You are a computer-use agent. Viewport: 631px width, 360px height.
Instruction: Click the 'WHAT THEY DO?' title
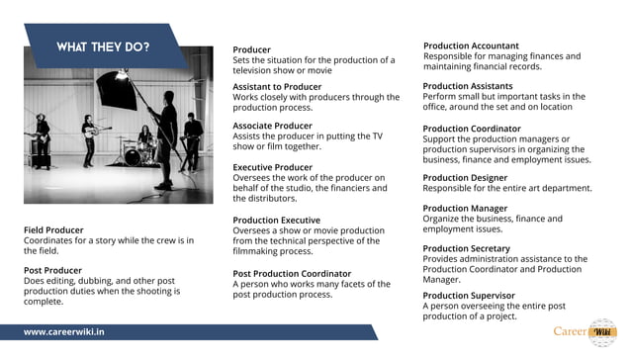[x=103, y=46]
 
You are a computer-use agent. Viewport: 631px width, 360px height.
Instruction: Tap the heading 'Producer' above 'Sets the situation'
[x=251, y=49]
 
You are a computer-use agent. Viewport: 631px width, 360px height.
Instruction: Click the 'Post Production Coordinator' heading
[x=292, y=273]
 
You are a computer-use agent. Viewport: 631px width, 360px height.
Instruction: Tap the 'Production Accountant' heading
[x=471, y=45]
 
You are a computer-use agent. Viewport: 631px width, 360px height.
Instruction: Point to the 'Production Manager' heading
[x=465, y=209]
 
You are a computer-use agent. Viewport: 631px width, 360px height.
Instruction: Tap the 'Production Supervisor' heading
[x=469, y=295]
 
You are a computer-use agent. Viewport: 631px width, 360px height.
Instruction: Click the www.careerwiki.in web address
[x=64, y=332]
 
